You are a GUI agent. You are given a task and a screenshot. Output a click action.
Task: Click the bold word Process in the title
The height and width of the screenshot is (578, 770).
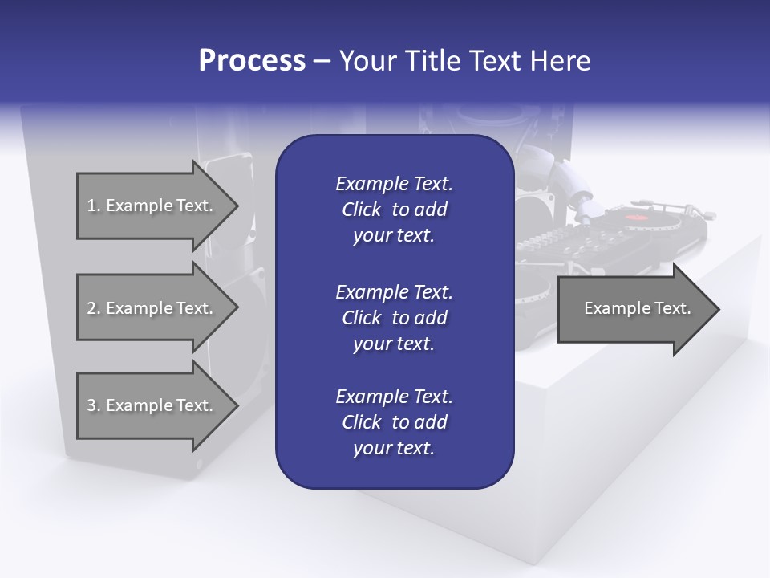[x=252, y=60]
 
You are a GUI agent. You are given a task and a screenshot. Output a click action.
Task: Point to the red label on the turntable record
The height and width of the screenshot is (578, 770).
[x=635, y=218]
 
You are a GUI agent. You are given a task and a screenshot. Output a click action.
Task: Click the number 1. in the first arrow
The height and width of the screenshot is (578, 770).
[x=94, y=206]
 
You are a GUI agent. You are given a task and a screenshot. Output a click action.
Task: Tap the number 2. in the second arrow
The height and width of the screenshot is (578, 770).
[x=94, y=308]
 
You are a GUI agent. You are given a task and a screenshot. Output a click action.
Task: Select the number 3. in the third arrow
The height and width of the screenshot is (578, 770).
[x=94, y=405]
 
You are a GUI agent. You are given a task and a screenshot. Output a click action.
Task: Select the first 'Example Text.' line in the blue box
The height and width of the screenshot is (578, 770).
[x=394, y=184]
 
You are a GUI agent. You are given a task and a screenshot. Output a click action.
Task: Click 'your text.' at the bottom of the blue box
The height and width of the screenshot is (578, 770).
[x=394, y=448]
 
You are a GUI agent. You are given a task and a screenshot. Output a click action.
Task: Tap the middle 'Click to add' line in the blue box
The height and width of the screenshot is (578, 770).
[x=394, y=318]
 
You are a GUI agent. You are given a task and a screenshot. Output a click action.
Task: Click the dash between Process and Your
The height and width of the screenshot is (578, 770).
[x=322, y=61]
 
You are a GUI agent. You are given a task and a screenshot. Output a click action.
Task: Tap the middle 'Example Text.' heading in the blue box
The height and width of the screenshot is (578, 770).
[x=394, y=291]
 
